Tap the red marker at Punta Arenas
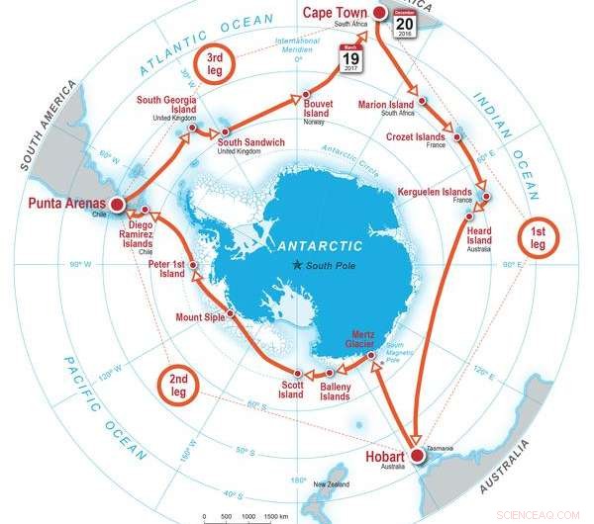click(117, 205)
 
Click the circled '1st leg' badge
click(539, 236)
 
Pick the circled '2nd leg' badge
click(178, 385)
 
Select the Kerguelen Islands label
click(434, 190)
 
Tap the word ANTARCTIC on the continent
click(320, 244)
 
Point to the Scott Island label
click(290, 389)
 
